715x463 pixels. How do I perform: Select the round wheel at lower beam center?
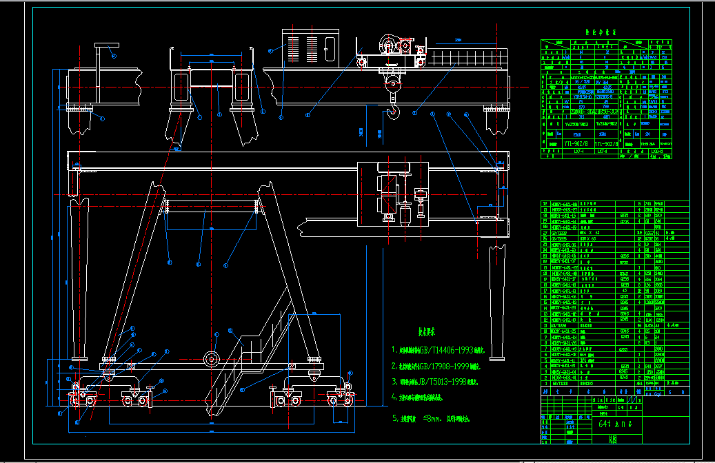211,359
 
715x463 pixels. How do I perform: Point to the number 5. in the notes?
395,418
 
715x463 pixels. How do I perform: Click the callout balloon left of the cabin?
272,50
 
